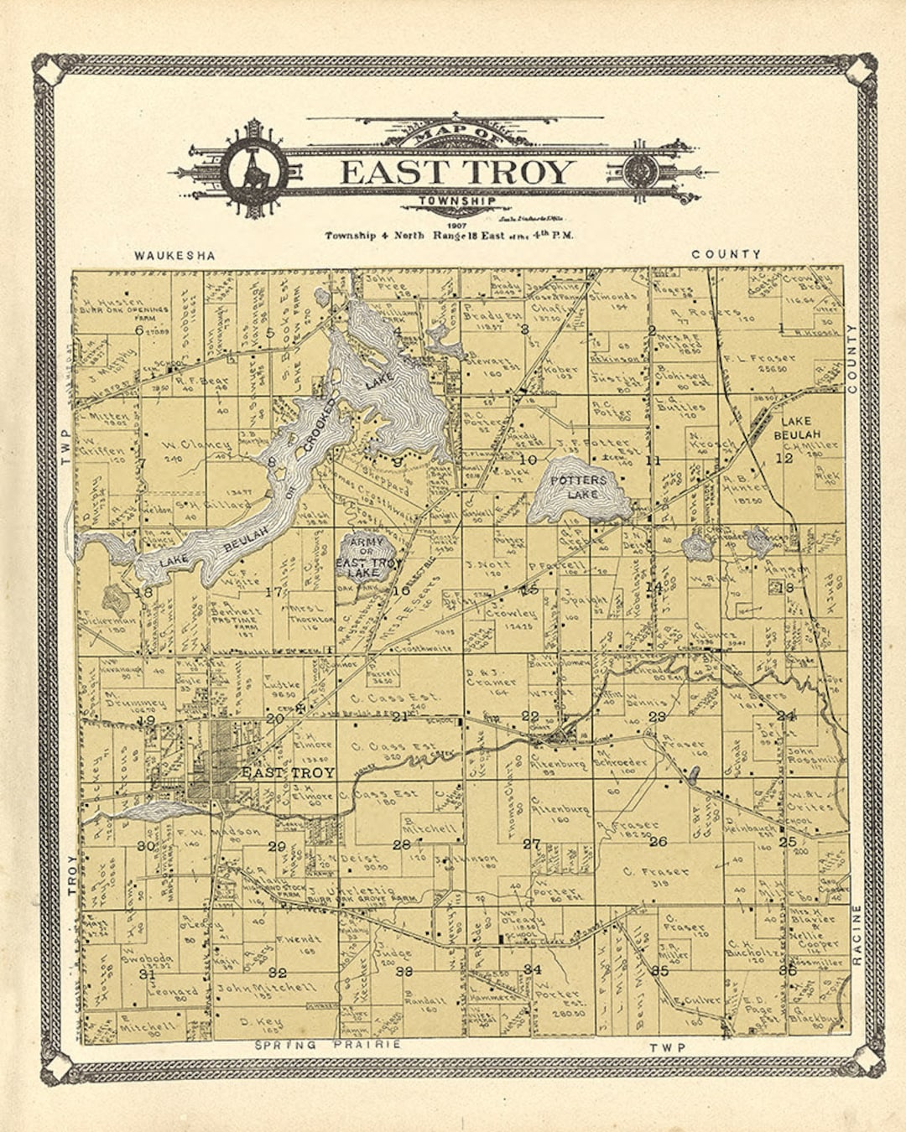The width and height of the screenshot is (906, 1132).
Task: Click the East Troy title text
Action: point(456,172)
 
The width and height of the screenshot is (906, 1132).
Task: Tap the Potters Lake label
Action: point(579,487)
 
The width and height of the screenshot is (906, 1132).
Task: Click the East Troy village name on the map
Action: point(288,772)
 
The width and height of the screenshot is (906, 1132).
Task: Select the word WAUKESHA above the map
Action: point(174,255)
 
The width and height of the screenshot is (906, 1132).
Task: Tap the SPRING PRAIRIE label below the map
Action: point(328,1045)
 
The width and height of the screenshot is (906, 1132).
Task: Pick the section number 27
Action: point(531,844)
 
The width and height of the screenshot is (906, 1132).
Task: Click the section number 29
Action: point(277,846)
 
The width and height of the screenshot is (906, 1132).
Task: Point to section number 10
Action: point(528,460)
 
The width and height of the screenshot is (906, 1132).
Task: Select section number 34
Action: point(532,969)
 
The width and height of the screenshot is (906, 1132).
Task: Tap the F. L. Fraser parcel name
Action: point(758,359)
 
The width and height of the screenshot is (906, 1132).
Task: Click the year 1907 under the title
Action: point(456,226)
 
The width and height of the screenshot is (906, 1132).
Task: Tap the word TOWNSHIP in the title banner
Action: point(456,201)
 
